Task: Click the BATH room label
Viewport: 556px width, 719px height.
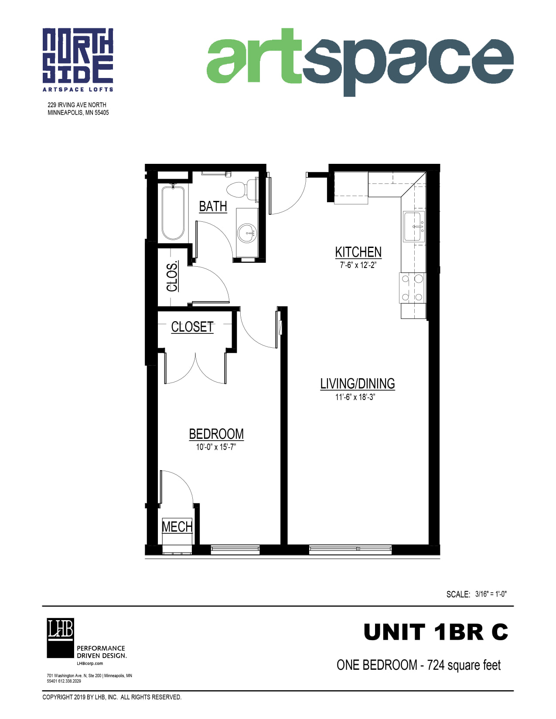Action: [213, 207]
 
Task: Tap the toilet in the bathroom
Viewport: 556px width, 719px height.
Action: [242, 189]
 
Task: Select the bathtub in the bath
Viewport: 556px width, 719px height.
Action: [173, 213]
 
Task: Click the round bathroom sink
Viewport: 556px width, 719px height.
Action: [247, 233]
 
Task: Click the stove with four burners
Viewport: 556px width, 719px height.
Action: [412, 288]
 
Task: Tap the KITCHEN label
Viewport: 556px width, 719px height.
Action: [358, 252]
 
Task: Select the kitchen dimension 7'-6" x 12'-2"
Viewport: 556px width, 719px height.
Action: [358, 265]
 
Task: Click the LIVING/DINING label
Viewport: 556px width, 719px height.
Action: [357, 384]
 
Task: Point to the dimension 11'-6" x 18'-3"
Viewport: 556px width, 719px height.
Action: [355, 397]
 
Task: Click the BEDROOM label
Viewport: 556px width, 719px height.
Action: [216, 434]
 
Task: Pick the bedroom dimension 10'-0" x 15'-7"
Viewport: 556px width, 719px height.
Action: [215, 447]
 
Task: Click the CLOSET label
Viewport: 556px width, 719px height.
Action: [192, 327]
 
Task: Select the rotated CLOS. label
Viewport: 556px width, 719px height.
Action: [172, 277]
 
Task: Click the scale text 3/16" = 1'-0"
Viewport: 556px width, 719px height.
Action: [491, 594]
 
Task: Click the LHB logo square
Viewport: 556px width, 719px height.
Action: [60, 638]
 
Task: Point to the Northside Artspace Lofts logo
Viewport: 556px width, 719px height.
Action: [78, 60]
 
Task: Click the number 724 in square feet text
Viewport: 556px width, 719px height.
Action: [436, 665]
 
